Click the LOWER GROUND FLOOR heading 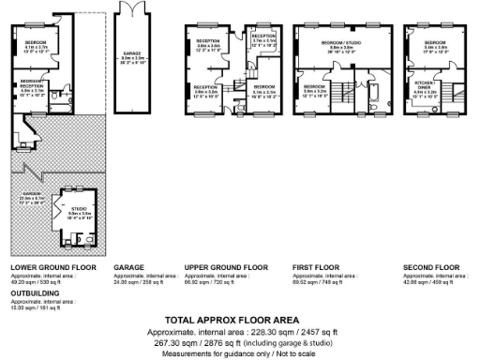(x=52, y=267)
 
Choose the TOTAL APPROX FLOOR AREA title (x=239, y=320)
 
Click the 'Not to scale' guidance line (x=239, y=352)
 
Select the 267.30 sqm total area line (x=239, y=343)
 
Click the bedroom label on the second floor (x=434, y=44)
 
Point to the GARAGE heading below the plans (x=128, y=267)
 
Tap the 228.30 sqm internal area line (x=239, y=333)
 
